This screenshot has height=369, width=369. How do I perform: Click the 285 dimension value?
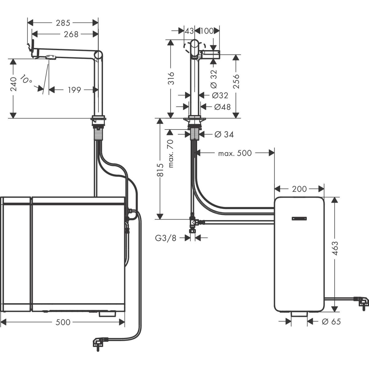[x=63, y=23]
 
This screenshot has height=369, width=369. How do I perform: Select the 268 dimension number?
[x=71, y=34]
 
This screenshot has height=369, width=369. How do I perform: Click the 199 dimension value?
[x=74, y=90]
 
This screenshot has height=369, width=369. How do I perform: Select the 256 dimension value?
[x=236, y=81]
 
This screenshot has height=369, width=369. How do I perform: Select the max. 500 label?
[x=235, y=153]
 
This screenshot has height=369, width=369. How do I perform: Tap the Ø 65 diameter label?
[x=331, y=322]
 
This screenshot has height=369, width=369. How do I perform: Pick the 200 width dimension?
[x=299, y=189]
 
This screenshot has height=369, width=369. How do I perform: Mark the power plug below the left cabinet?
[x=99, y=342]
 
